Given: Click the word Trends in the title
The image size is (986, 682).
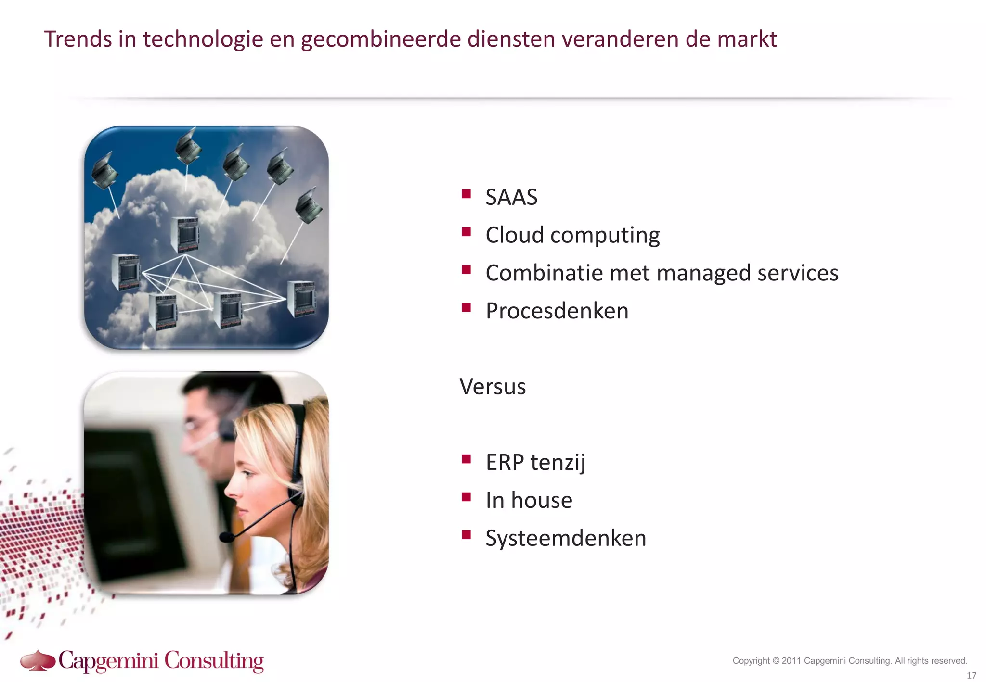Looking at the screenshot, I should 78,39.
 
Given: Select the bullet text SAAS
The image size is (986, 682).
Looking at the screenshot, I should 511,197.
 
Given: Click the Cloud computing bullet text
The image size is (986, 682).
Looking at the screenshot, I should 572,235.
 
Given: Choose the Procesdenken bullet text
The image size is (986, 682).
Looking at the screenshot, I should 557,311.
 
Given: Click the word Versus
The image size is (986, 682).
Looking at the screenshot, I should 492,387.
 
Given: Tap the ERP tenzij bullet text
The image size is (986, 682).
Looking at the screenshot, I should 535,462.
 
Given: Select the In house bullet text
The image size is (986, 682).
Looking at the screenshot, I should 529,500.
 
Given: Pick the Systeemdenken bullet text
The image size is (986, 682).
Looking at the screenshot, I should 565,538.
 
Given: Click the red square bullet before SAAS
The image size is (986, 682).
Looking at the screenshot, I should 466,194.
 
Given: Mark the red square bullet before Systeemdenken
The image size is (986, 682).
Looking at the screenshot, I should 466,535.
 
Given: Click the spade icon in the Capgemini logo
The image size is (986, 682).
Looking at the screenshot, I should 38,660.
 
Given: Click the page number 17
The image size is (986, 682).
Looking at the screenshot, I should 971,675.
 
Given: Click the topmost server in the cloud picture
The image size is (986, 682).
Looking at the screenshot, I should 184,235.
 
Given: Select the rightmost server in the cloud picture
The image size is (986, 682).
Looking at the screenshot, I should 301,298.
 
